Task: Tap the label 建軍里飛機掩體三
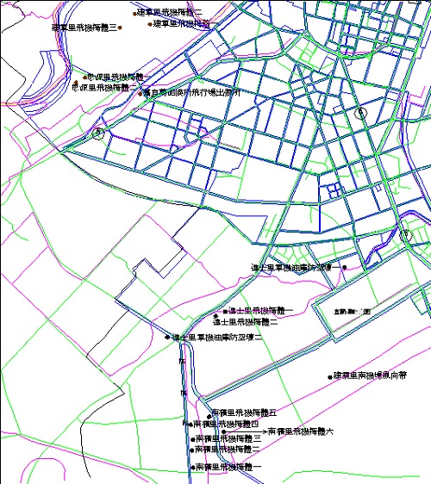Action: click(x=84, y=28)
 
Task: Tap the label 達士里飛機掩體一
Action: click(x=260, y=310)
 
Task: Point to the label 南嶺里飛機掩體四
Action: click(x=226, y=424)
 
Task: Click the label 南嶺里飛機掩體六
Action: click(x=300, y=431)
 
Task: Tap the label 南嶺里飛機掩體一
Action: click(x=228, y=467)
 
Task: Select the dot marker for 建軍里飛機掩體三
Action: click(x=121, y=28)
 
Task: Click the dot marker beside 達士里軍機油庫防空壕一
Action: click(x=343, y=268)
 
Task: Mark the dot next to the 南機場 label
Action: click(x=329, y=376)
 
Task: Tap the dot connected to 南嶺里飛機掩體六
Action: click(x=264, y=431)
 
